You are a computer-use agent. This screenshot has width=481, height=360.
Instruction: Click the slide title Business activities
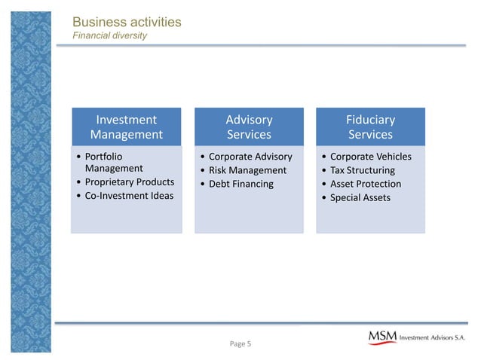click(127, 22)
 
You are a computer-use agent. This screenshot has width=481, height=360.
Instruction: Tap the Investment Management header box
click(126, 127)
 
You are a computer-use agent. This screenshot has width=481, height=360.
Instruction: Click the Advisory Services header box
click(249, 127)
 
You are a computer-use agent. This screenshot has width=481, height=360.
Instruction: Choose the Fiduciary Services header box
click(370, 127)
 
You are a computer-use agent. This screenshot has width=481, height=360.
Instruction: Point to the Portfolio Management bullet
click(114, 163)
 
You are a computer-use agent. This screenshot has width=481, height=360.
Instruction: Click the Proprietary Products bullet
click(129, 182)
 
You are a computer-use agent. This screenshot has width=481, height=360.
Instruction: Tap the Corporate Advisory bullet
click(250, 157)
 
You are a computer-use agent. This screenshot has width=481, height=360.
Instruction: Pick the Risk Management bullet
click(247, 170)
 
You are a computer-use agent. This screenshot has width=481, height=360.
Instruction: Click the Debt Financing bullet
click(241, 184)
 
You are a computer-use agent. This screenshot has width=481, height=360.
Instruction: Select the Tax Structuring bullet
click(363, 170)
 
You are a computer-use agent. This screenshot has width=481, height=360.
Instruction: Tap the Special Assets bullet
click(360, 197)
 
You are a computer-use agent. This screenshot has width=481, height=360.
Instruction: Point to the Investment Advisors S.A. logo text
click(436, 338)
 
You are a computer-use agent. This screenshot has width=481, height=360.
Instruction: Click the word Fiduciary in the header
click(370, 120)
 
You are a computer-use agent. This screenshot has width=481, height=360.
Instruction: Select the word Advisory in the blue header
click(249, 120)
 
